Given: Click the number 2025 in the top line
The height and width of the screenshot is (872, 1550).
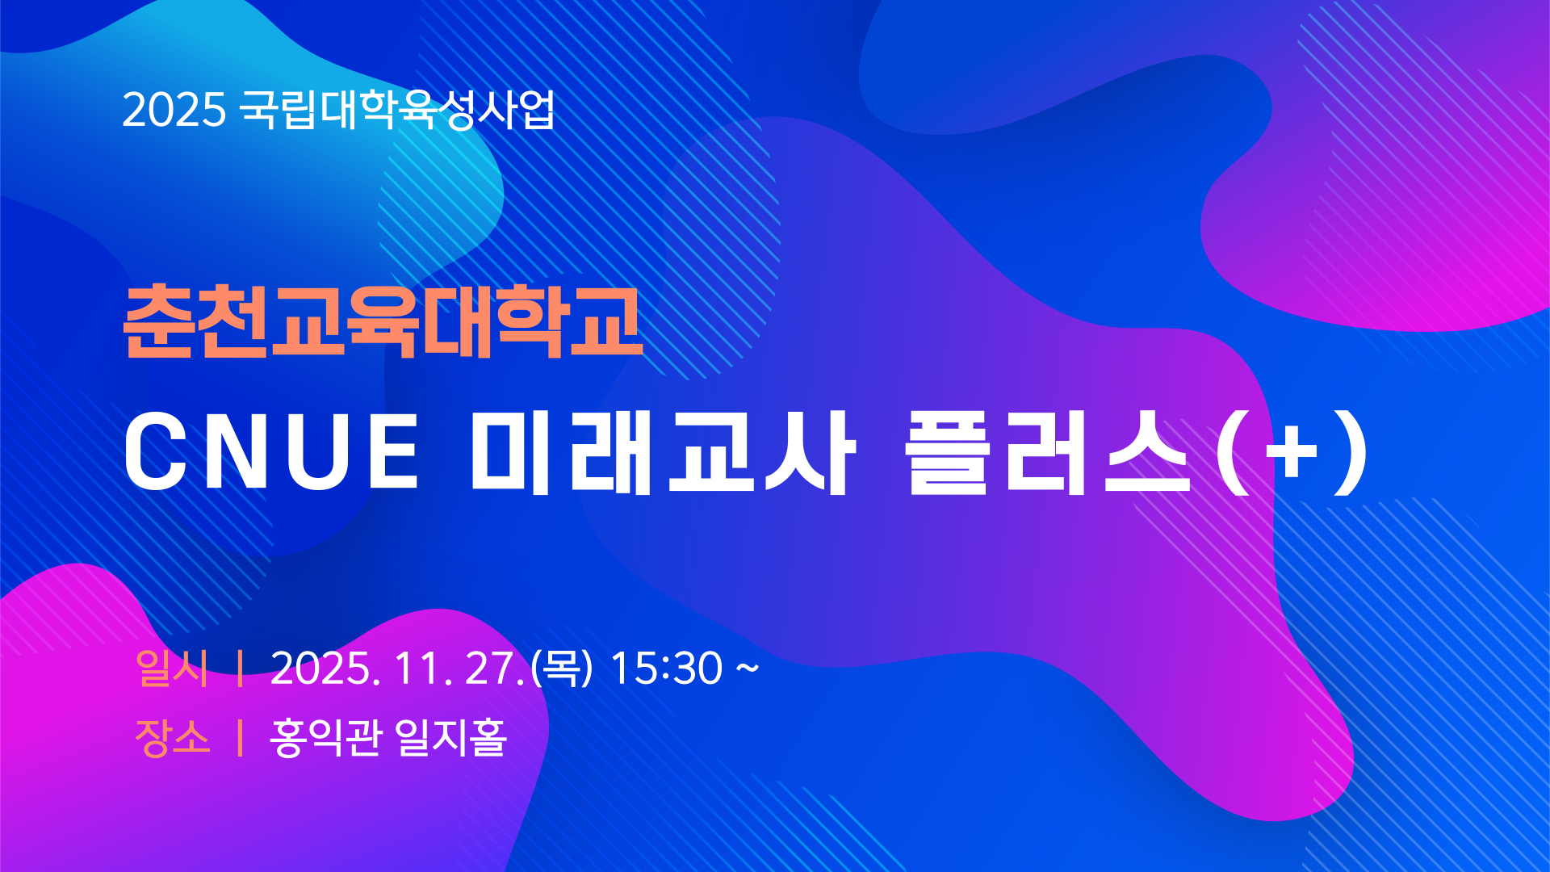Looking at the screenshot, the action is pos(174,110).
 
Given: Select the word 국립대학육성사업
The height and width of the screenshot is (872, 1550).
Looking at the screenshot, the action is pos(398,109).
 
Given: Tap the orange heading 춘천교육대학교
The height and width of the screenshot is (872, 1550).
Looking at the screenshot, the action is pos(383,321).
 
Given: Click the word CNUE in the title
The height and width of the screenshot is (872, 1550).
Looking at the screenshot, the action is pos(271,451).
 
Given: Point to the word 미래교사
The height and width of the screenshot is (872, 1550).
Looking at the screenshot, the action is pos(663,452).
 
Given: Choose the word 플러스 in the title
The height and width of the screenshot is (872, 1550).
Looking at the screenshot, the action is pos(1048,452).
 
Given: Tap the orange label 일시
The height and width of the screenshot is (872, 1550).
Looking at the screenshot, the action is pos(173,669).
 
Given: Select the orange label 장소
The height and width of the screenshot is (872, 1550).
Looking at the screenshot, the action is pos(173,737).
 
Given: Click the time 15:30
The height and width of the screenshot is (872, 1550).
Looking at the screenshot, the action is pos(666,669).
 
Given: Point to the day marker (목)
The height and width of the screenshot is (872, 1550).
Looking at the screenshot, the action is pos(562,669).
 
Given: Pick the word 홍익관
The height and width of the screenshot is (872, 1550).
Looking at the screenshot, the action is pos(325,737).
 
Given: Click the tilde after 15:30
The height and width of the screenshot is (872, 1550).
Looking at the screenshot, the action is pos(748,668).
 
